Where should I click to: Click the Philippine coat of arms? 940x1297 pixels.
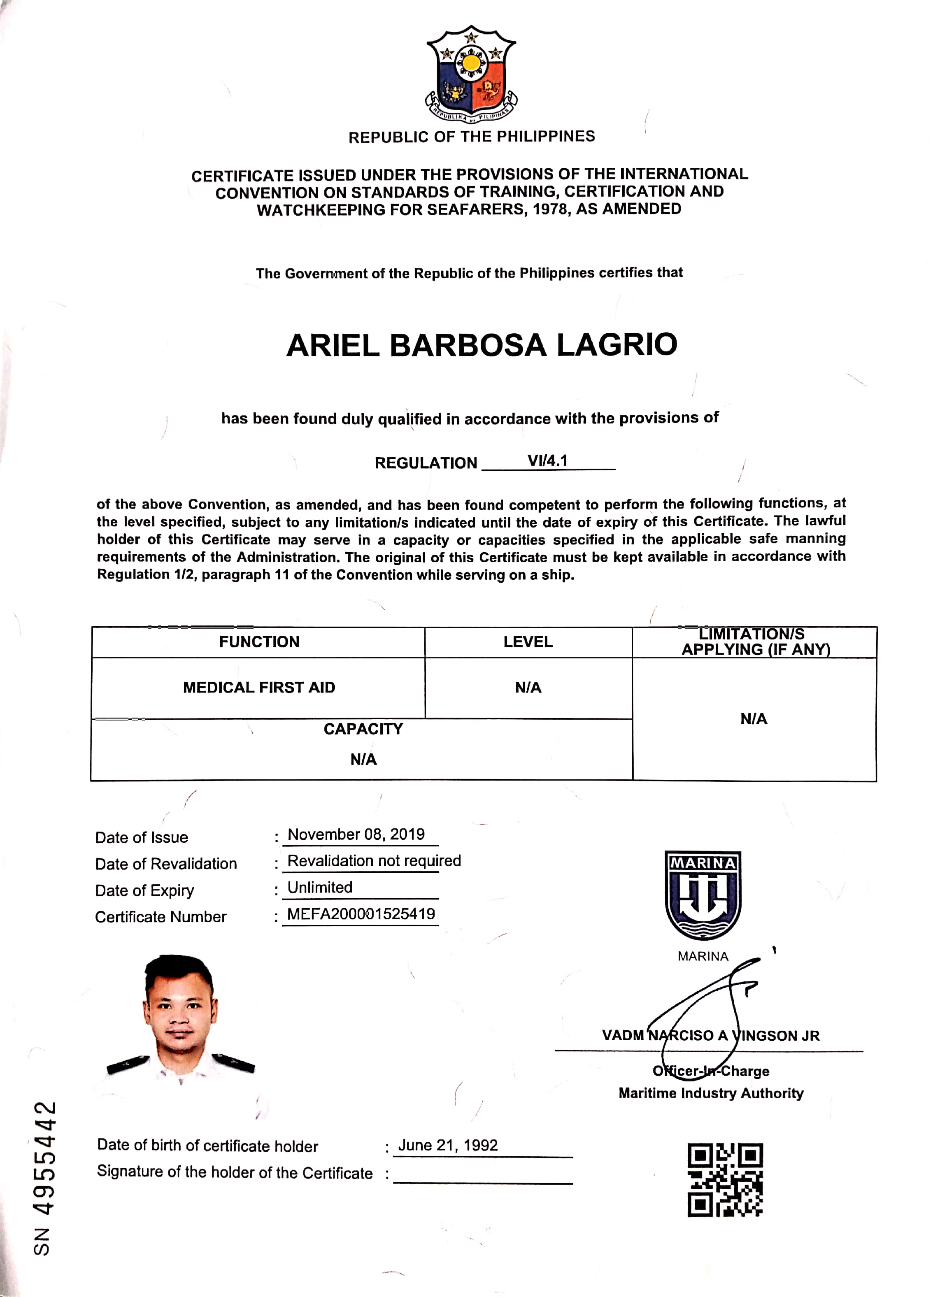pyautogui.click(x=471, y=73)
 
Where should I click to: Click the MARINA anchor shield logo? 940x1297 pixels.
pyautogui.click(x=703, y=895)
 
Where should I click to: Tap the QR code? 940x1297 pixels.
pyautogui.click(x=725, y=1179)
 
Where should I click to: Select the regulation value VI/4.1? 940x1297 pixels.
pyautogui.click(x=547, y=461)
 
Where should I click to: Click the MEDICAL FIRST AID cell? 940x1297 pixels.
pyautogui.click(x=259, y=688)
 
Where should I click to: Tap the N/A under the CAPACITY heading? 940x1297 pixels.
pyautogui.click(x=363, y=760)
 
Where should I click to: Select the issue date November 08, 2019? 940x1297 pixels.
pyautogui.click(x=356, y=834)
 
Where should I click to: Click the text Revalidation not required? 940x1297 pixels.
pyautogui.click(x=374, y=861)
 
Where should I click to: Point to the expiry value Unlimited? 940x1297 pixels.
pyautogui.click(x=320, y=888)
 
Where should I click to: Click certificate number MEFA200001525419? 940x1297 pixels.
pyautogui.click(x=361, y=914)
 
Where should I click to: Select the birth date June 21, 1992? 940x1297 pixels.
pyautogui.click(x=448, y=1145)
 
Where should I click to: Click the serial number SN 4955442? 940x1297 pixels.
pyautogui.click(x=44, y=1178)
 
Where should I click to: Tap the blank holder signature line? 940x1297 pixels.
pyautogui.click(x=482, y=1176)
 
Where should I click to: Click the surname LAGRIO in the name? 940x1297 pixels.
pyautogui.click(x=617, y=345)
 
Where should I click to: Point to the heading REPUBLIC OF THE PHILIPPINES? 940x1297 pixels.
pyautogui.click(x=471, y=137)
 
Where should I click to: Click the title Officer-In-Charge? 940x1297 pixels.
pyautogui.click(x=711, y=1071)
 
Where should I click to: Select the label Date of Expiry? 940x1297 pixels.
pyautogui.click(x=145, y=890)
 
